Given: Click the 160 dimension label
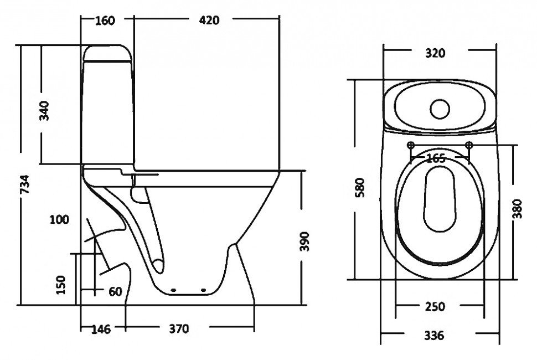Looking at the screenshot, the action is point(105,20).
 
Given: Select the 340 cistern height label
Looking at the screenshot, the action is point(44,111).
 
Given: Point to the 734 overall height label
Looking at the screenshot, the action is point(24,184).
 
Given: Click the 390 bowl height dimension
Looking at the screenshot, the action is point(304,241).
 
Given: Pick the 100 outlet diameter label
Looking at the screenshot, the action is point(59,219).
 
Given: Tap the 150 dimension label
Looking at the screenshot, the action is point(60,285).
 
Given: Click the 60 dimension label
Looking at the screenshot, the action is point(115,292).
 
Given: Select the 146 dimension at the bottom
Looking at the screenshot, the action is point(101,329).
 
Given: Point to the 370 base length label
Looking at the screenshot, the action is point(179,329).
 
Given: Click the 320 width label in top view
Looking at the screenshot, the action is point(435,53).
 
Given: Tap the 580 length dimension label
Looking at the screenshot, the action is point(360,187).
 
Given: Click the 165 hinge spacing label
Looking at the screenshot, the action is point(436,158).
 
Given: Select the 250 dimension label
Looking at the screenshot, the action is point(435,307).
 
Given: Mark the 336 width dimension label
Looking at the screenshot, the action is point(434,336).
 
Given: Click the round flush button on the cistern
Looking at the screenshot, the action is point(440,109).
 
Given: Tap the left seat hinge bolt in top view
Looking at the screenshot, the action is point(411,145).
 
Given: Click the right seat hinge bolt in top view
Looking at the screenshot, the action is point(469,145).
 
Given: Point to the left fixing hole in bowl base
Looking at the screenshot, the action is point(173,290).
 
